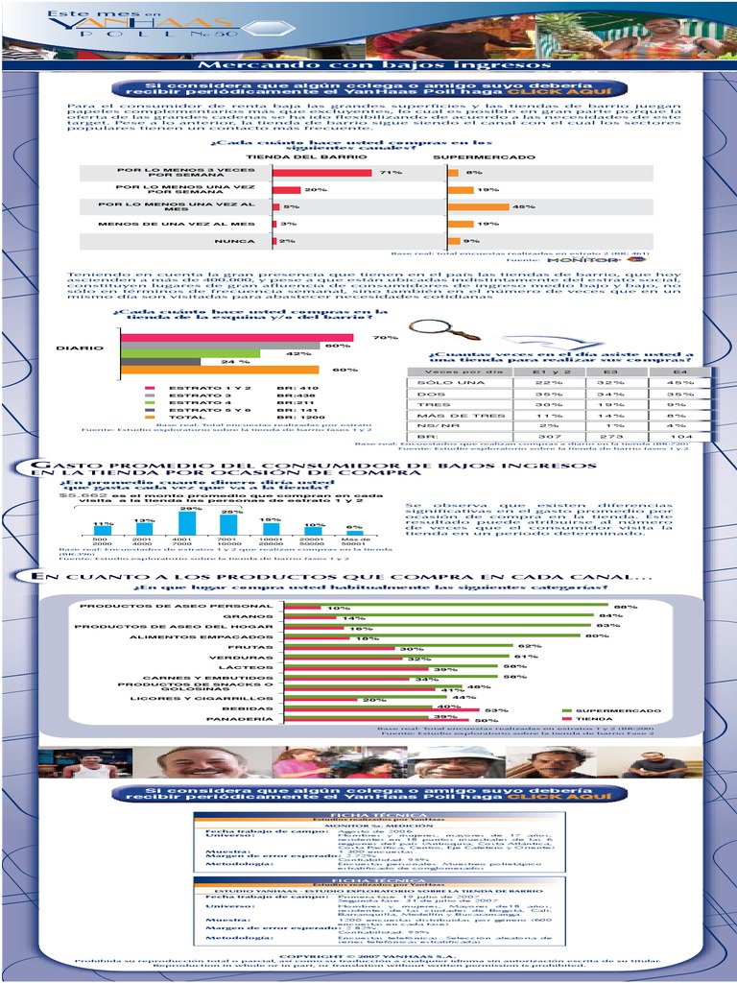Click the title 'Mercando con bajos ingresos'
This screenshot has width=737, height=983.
(x=374, y=65)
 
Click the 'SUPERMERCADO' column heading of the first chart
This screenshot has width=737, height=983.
(x=484, y=156)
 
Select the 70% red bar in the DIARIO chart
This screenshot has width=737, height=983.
(x=237, y=338)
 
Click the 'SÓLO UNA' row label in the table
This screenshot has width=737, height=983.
(x=439, y=382)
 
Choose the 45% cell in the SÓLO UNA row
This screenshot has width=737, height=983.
(x=680, y=382)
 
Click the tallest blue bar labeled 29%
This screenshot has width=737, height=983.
(x=188, y=522)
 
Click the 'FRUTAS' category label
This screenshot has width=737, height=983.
(x=257, y=647)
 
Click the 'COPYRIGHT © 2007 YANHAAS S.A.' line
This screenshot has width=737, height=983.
(x=367, y=956)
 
